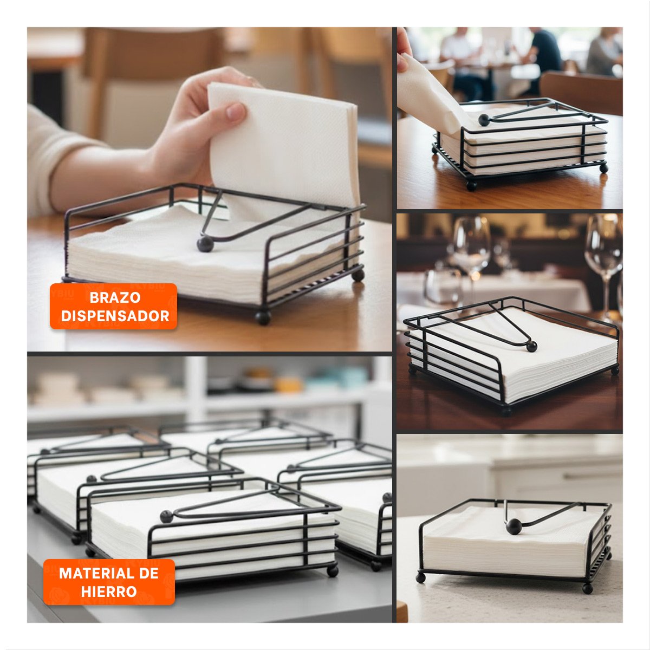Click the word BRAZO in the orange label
click(x=115, y=297)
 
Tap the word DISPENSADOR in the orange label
click(x=115, y=316)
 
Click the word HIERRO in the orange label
click(x=109, y=591)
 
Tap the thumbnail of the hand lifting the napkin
click(x=209, y=189)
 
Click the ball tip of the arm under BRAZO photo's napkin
click(x=205, y=244)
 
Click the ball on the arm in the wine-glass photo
click(x=531, y=347)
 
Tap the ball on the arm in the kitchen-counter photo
click(x=513, y=526)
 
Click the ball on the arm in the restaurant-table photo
click(x=484, y=120)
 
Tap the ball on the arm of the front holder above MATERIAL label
click(x=166, y=516)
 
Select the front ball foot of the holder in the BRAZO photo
click(x=263, y=317)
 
